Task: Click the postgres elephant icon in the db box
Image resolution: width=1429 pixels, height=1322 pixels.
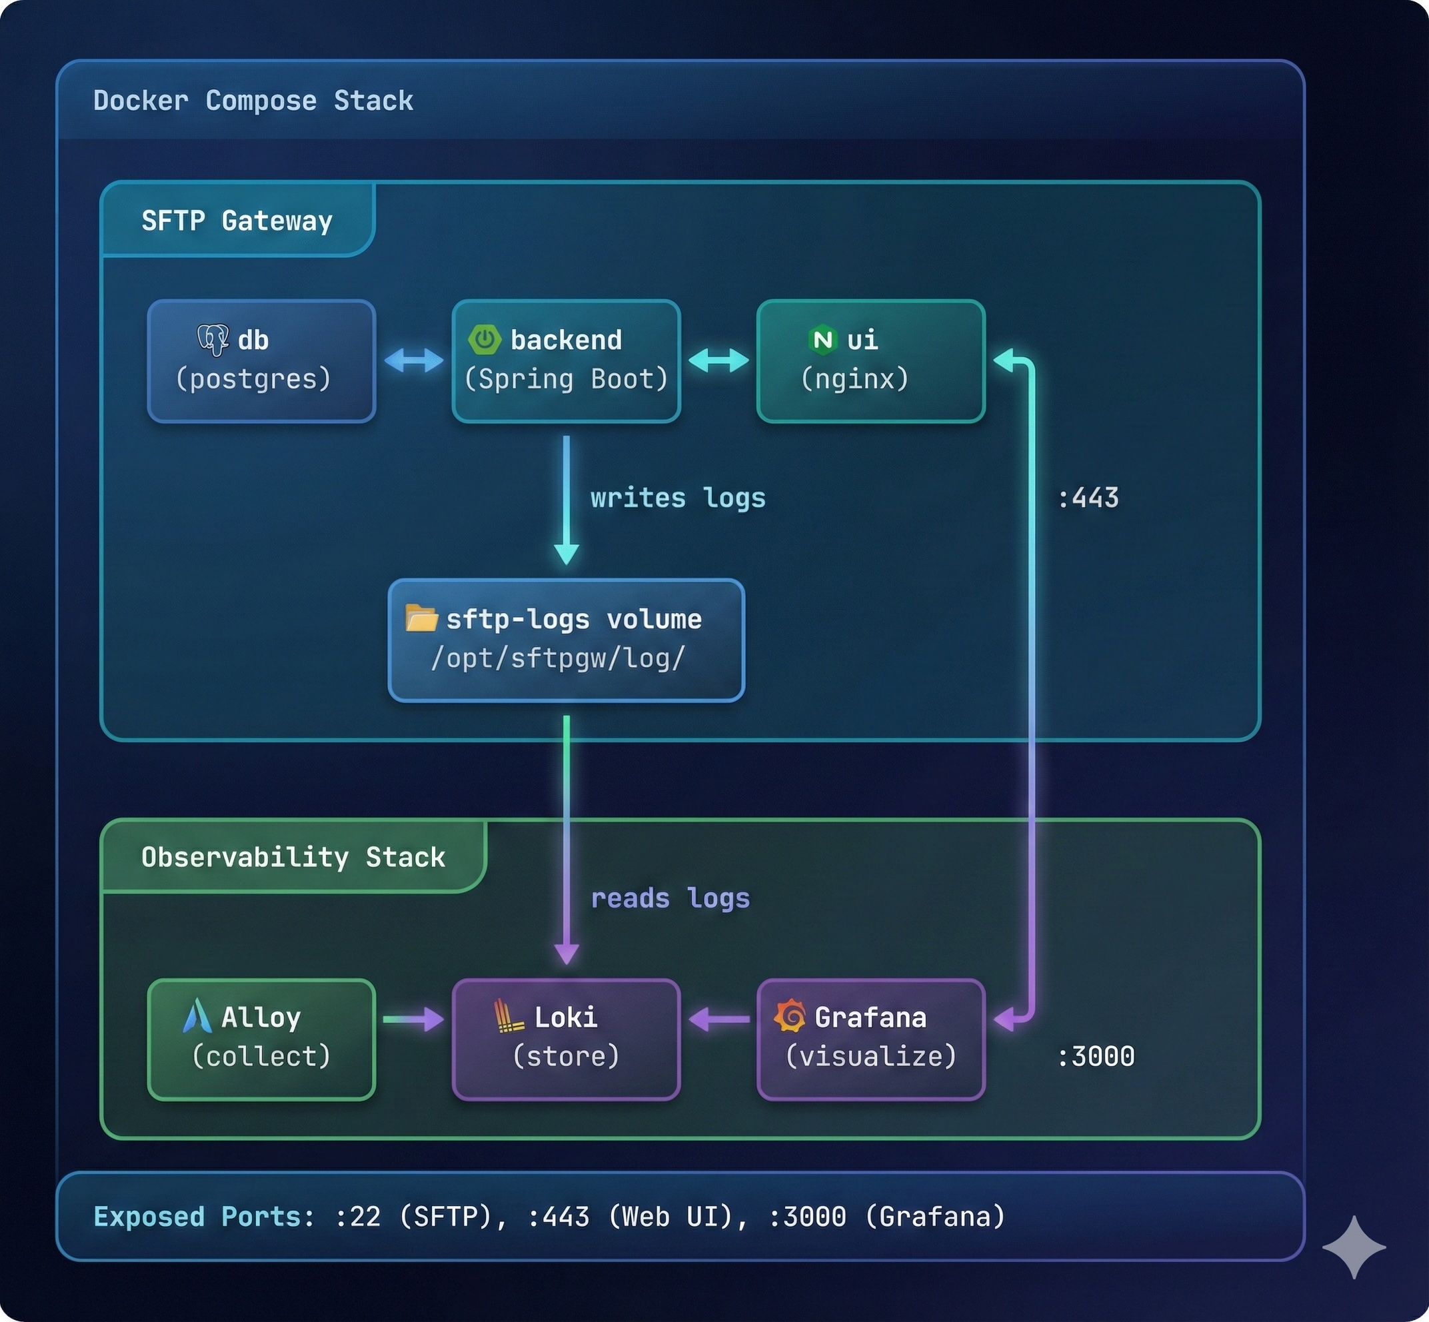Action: tap(213, 340)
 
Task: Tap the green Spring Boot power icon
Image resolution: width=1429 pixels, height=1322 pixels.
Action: tap(485, 339)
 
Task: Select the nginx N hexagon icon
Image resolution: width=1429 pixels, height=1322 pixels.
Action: tap(823, 339)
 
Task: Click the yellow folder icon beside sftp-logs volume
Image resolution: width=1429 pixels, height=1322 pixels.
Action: tap(421, 618)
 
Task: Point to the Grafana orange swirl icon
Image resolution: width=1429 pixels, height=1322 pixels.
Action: tap(790, 1016)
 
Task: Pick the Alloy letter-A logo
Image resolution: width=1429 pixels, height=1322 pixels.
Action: tap(197, 1016)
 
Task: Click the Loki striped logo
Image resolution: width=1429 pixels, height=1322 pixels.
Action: tap(509, 1016)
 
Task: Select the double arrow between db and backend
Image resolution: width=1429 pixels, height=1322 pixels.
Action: tap(414, 360)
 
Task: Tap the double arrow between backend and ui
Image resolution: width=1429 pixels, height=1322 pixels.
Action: tap(718, 360)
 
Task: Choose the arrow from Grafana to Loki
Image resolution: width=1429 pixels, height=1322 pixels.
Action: tap(718, 1019)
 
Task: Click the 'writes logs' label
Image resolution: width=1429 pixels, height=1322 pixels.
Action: tap(678, 498)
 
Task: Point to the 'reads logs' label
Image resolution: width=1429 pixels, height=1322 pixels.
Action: tap(670, 898)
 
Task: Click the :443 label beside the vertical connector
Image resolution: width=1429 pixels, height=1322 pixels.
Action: tap(1088, 498)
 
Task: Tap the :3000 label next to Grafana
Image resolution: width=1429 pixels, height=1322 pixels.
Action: tap(1096, 1057)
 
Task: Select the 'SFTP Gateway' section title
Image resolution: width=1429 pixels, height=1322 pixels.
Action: tap(237, 221)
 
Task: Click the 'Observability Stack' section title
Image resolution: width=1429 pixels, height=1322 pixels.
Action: tap(293, 857)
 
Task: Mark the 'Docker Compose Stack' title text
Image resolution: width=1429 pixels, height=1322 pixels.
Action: tap(253, 101)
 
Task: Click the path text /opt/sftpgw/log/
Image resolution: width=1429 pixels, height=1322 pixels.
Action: tap(558, 658)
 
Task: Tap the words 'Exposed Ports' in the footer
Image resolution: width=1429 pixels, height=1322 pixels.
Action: tap(197, 1217)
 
